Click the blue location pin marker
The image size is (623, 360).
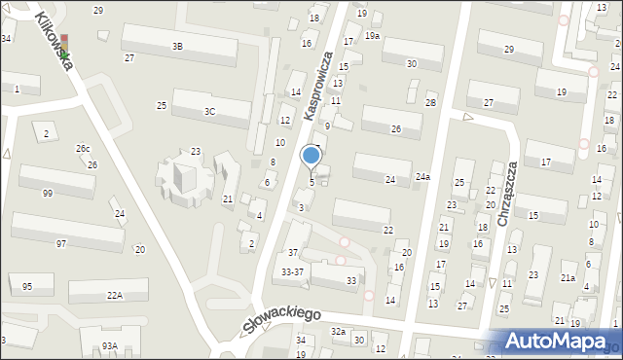coord(311,157)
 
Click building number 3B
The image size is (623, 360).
coord(177,46)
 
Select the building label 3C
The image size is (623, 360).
coord(209,111)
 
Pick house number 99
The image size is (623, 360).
coord(48,194)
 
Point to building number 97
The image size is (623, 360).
coord(61,242)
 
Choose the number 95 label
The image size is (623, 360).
coord(26,286)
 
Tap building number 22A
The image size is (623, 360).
coord(115,295)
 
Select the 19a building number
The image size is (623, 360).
coord(372,35)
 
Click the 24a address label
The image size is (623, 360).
coord(421,177)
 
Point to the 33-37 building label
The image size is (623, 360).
coord(292,271)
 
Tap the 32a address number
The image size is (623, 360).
coord(338,331)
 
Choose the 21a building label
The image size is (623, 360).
coord(568,278)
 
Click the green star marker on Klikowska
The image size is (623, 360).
coord(64,55)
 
